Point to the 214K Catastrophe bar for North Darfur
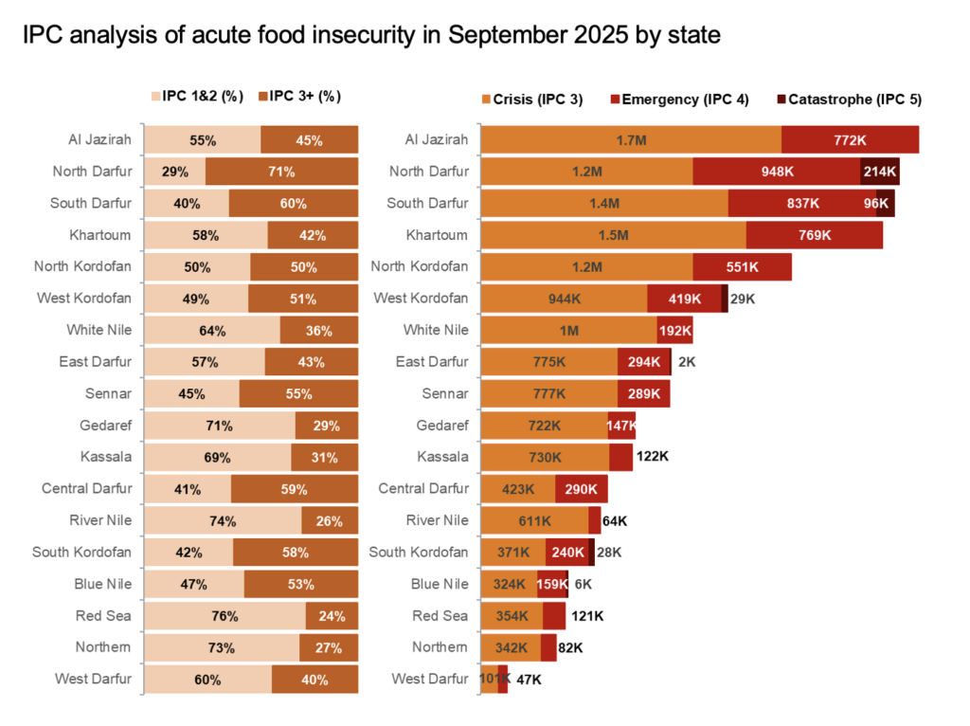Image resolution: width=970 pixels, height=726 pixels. click(x=879, y=172)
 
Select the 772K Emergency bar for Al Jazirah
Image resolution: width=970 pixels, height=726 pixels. click(x=850, y=140)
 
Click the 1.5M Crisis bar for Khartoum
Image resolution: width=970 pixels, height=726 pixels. click(x=614, y=235)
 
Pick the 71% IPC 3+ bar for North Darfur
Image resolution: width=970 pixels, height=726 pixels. click(x=281, y=172)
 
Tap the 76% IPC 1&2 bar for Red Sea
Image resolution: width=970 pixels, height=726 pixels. click(x=224, y=616)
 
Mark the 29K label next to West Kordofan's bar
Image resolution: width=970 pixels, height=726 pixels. click(x=744, y=299)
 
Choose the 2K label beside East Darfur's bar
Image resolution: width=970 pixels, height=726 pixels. click(x=688, y=362)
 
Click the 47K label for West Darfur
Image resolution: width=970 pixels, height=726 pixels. click(x=529, y=680)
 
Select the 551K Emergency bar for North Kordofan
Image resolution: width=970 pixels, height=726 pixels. click(x=742, y=267)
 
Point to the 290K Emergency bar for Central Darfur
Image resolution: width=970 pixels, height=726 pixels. click(x=581, y=489)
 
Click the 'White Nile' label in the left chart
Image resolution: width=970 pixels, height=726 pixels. click(x=99, y=331)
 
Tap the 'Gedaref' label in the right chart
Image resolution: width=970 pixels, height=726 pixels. click(x=442, y=426)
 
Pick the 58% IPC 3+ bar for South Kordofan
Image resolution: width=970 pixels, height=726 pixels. click(x=296, y=553)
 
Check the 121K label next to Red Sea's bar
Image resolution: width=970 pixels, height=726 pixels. click(x=586, y=616)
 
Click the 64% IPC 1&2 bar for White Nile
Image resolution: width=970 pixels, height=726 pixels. click(x=211, y=331)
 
